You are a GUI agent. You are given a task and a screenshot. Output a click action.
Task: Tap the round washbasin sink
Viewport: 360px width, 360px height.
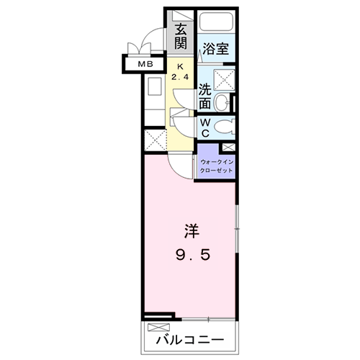(x=224, y=103)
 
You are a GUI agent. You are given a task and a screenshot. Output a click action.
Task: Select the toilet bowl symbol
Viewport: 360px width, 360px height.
(x=225, y=129)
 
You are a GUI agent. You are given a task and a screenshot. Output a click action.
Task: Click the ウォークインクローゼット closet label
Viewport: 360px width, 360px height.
(x=216, y=167)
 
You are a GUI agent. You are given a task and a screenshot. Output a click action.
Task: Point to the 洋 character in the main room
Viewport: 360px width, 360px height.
(x=190, y=233)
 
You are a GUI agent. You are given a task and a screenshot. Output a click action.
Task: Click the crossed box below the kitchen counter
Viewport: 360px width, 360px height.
(x=154, y=138)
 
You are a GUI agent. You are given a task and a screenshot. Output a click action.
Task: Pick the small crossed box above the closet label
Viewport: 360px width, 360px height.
(x=230, y=147)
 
